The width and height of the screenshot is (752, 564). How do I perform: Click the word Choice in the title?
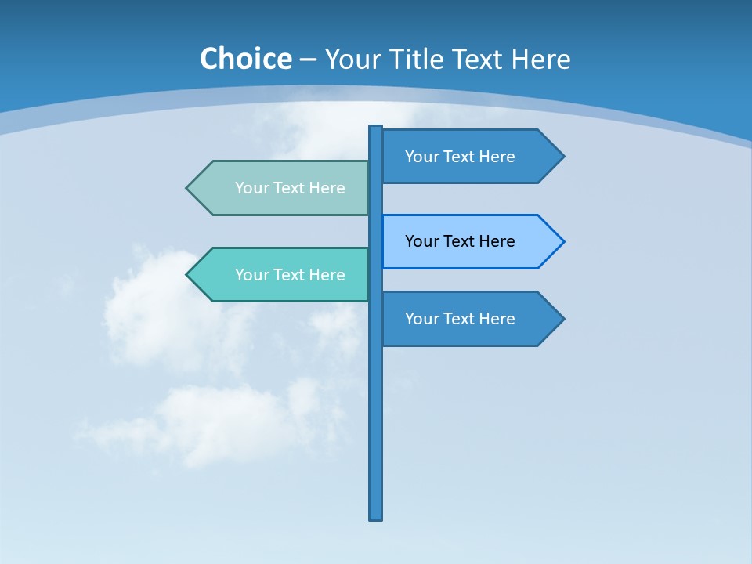point(245,59)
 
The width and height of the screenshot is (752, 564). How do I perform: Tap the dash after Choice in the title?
point(308,60)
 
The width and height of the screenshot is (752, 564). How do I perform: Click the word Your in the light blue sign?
point(421,241)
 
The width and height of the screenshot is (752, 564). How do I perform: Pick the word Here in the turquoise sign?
point(327,275)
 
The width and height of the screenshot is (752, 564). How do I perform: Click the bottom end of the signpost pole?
point(376,517)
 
